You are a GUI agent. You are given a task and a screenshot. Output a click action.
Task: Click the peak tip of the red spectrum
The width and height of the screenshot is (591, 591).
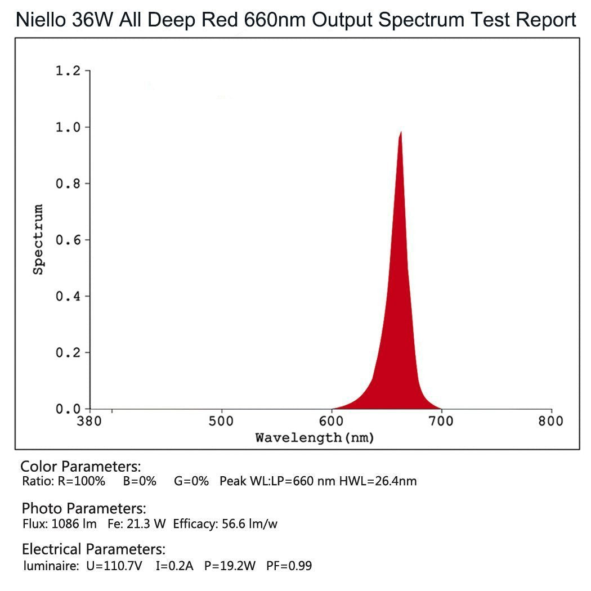[x=401, y=132]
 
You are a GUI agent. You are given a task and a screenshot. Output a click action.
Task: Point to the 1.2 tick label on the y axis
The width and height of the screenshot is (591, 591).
[x=68, y=71]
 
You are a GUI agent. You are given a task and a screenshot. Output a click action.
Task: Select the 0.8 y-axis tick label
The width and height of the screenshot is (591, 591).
[x=68, y=183]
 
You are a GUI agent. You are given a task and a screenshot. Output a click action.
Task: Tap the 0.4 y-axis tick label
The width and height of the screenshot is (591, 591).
[x=68, y=296]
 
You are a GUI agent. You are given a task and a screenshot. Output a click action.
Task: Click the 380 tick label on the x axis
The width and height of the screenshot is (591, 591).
[x=89, y=422]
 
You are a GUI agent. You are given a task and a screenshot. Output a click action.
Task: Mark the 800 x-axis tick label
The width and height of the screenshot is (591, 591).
[x=550, y=422]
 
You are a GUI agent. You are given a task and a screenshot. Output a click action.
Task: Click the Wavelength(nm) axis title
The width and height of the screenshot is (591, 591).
[x=315, y=437]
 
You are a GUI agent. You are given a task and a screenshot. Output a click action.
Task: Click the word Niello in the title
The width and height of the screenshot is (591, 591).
[x=41, y=20]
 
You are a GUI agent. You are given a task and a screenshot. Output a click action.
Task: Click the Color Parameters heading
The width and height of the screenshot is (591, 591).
[x=80, y=467]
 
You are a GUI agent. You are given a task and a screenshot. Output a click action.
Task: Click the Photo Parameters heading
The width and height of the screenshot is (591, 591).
[x=84, y=509]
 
